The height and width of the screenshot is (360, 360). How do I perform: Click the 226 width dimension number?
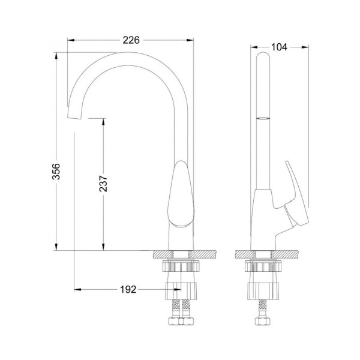click(131, 40)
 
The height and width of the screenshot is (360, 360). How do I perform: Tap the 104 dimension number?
click(279, 47)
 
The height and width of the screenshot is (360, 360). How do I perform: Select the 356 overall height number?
click(56, 171)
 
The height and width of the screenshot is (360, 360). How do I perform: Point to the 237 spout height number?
click(103, 184)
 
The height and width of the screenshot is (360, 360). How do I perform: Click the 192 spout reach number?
click(128, 290)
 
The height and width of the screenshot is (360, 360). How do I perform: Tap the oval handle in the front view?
click(181, 194)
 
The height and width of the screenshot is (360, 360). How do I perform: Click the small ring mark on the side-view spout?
click(263, 118)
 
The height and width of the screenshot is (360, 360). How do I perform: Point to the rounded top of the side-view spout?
click(263, 56)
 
